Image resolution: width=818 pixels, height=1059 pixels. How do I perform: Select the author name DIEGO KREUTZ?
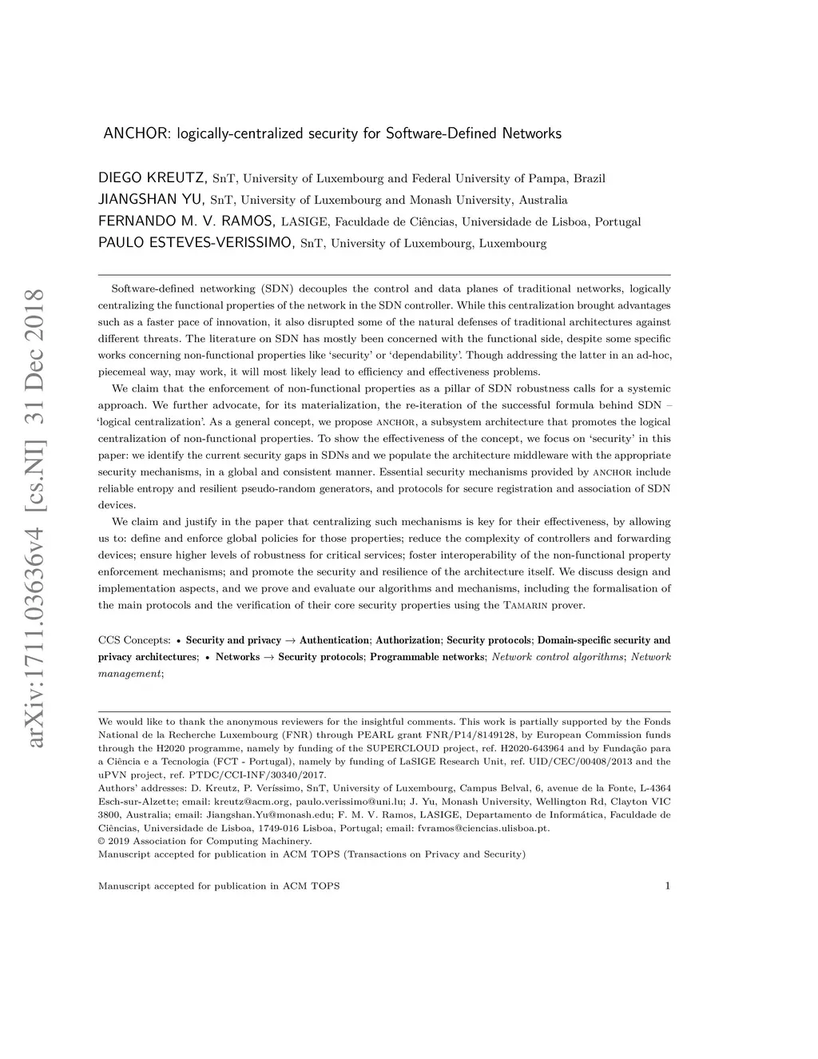153,177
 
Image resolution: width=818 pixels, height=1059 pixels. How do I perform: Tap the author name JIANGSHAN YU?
151,199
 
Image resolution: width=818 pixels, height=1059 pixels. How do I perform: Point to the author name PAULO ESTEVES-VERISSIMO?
197,242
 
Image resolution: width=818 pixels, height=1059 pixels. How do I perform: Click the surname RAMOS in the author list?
247,221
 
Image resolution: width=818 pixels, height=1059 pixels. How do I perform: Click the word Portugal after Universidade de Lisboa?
617,221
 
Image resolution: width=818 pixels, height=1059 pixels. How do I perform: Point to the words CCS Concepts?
134,640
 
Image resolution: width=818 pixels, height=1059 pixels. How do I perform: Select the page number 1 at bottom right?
666,886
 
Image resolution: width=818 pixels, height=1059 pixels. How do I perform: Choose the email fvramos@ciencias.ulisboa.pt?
484,828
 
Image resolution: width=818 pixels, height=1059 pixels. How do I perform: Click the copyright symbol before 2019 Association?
101,842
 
